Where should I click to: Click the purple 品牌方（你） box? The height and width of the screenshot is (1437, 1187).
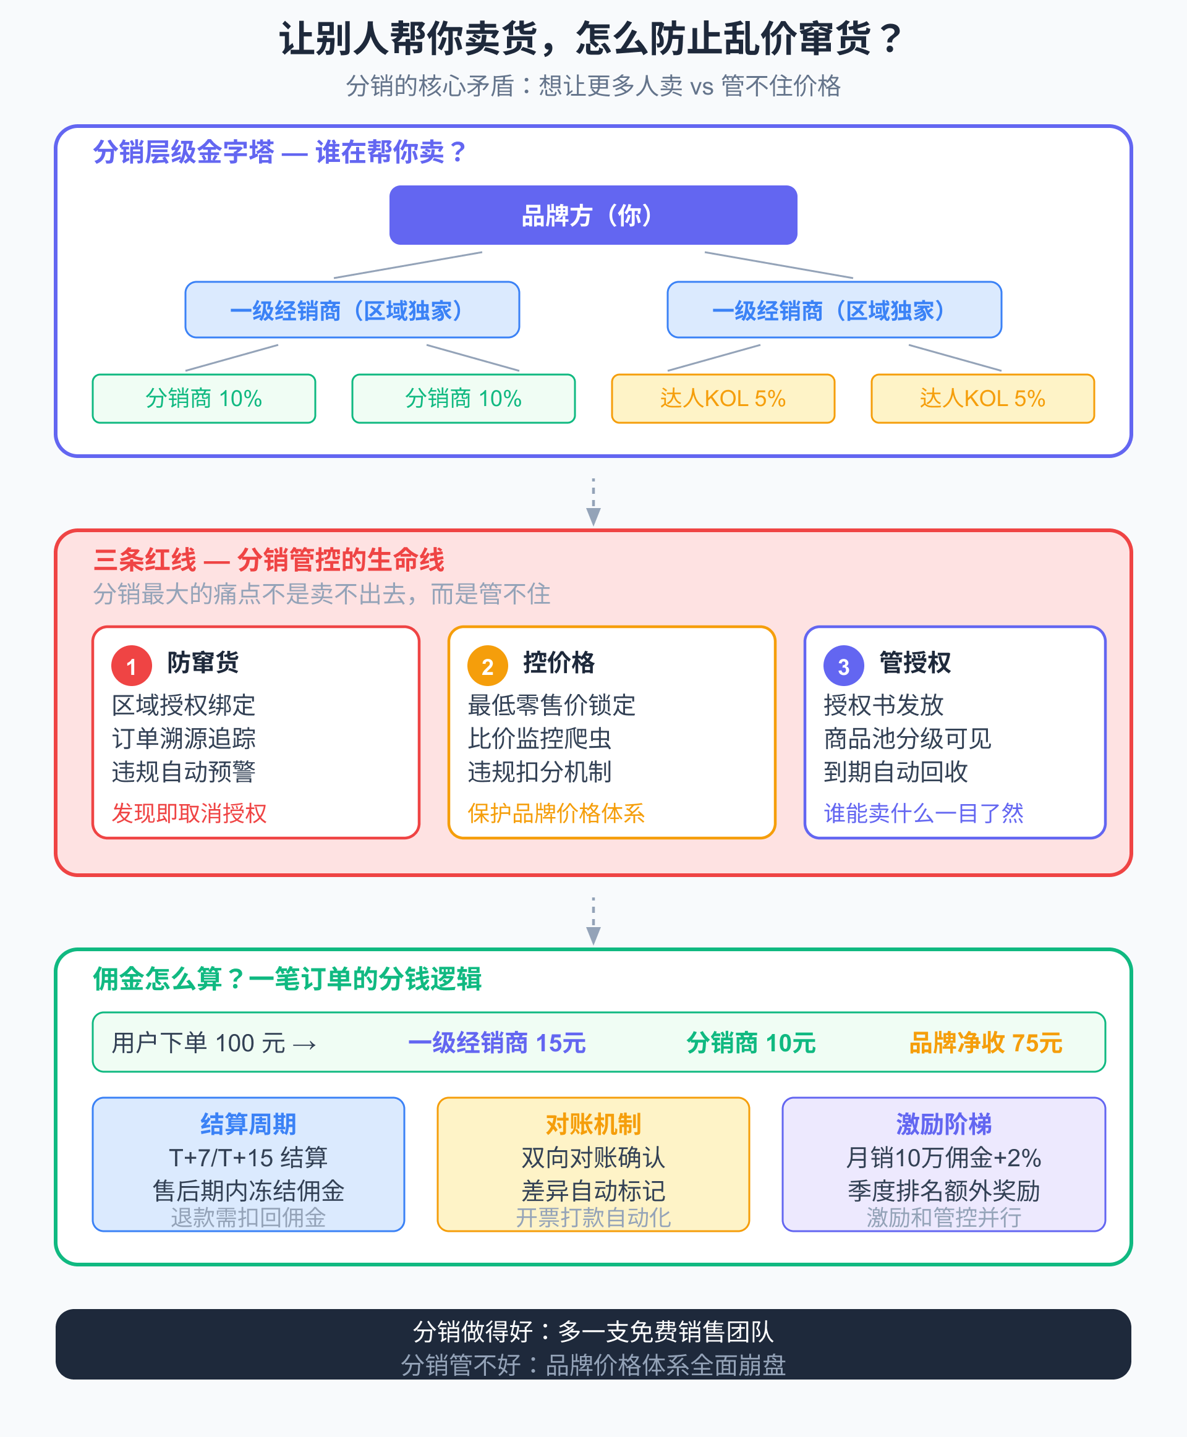point(593,215)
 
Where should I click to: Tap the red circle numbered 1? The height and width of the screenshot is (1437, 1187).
point(131,666)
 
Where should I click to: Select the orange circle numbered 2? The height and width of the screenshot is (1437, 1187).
point(488,666)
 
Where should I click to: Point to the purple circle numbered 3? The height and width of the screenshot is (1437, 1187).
point(843,666)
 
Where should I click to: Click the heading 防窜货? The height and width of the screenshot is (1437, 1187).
point(203,663)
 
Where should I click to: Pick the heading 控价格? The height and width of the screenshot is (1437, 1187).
point(559,663)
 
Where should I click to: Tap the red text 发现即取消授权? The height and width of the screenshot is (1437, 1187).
point(189,813)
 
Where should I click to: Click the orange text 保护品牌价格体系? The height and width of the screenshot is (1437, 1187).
point(556,813)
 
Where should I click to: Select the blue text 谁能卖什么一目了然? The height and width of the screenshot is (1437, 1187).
point(923,813)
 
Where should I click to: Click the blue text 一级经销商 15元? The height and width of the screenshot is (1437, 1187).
point(497,1043)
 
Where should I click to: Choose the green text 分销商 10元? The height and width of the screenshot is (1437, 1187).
point(751,1043)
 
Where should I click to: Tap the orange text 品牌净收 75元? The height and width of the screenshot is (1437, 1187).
point(985,1043)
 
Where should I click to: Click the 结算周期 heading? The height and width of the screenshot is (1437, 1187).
point(248,1124)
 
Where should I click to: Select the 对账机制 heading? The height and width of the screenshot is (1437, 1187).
point(593,1124)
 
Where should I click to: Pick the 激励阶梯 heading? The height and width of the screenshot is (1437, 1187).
point(943,1124)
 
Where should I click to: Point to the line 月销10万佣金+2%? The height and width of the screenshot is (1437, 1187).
point(943,1158)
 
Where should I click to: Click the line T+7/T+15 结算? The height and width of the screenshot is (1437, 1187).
point(248,1158)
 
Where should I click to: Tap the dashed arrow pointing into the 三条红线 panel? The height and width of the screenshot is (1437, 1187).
point(593,502)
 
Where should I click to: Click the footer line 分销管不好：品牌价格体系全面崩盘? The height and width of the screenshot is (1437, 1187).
point(593,1365)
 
